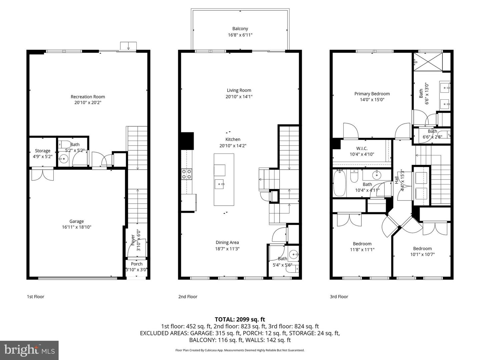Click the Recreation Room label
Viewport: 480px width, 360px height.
click(x=88, y=97)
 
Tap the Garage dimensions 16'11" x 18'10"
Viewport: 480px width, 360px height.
click(x=76, y=227)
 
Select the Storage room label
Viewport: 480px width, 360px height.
click(x=42, y=151)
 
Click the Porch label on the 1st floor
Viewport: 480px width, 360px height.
click(x=137, y=264)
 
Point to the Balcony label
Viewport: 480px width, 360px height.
click(x=240, y=29)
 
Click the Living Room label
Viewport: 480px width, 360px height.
click(x=239, y=90)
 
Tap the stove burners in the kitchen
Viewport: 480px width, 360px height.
click(x=186, y=174)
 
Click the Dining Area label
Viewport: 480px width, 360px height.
click(x=227, y=242)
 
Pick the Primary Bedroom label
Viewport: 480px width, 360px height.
click(x=372, y=94)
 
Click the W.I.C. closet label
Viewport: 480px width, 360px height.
click(x=362, y=148)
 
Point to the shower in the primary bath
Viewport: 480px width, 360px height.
click(x=428, y=62)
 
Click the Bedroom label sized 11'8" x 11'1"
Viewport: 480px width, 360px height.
click(x=362, y=244)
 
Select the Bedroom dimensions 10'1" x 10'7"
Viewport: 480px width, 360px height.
click(x=422, y=254)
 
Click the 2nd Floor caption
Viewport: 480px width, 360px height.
click(x=188, y=297)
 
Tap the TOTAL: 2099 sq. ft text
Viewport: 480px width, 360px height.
click(x=240, y=319)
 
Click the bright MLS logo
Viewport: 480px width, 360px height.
click(x=29, y=350)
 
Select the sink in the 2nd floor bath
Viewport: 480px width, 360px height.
click(x=293, y=254)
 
